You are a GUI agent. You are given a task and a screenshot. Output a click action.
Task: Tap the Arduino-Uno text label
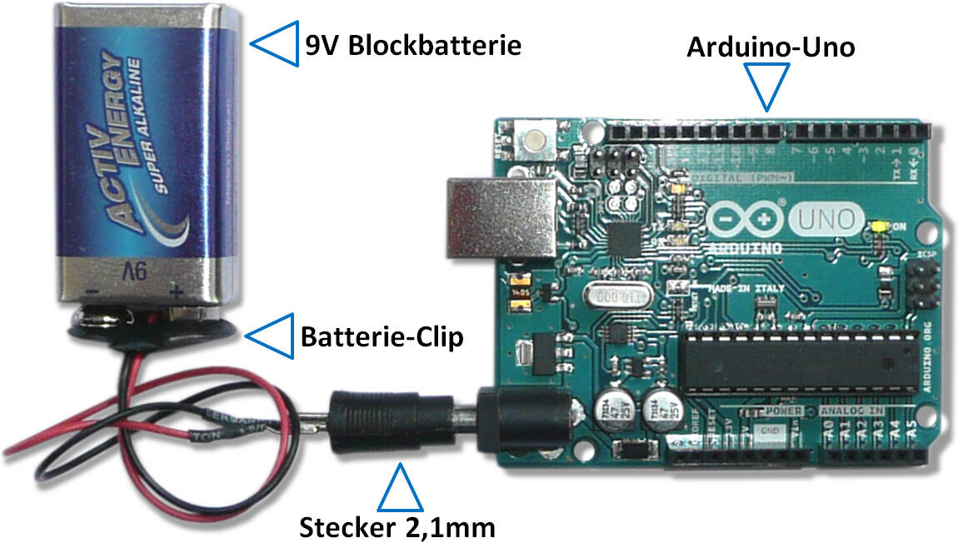[770, 46]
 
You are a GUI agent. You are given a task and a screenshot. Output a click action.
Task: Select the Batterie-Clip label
[381, 337]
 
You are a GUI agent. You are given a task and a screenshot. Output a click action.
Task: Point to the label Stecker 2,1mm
[397, 526]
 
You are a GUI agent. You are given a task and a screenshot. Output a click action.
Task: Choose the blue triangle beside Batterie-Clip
[273, 336]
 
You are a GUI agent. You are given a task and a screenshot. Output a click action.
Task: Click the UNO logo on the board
[826, 220]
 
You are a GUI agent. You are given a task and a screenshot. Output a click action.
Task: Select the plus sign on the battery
[176, 292]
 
